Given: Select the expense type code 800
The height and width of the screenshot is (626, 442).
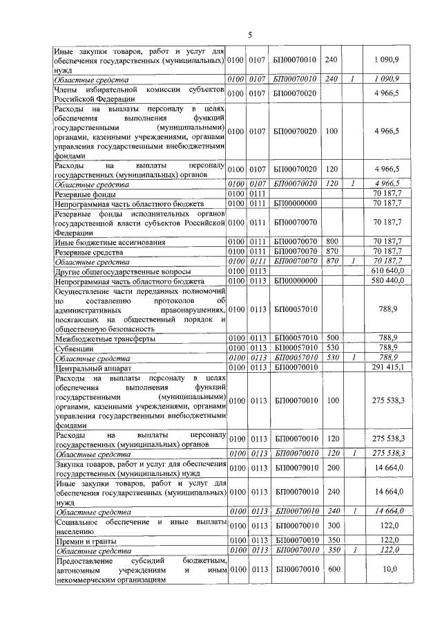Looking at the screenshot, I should [x=332, y=243].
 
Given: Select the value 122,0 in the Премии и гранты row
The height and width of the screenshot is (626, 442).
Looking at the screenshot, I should [x=391, y=539].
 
